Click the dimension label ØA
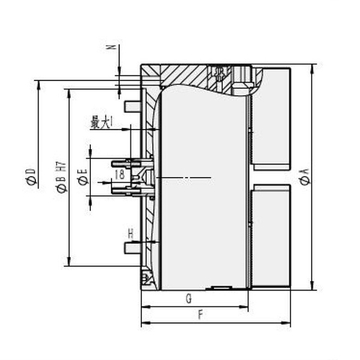coord(304,178)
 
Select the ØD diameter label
coord(31,178)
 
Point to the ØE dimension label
coord(84,178)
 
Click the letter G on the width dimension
coord(187,298)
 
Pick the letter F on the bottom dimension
coord(201,315)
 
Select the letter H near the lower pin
coord(130,234)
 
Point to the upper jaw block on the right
coord(272,120)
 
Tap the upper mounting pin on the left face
coord(132,105)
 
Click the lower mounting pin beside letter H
coord(132,247)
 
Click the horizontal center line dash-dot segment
coord(184,178)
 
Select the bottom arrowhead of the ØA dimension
coord(312,288)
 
